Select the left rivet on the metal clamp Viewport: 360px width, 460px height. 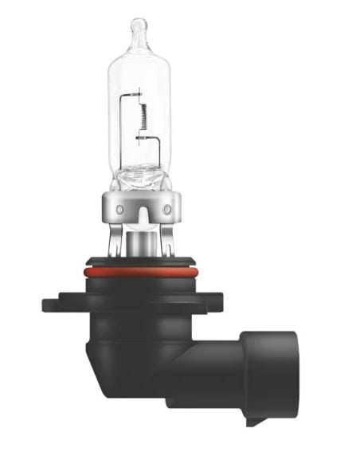(119, 209)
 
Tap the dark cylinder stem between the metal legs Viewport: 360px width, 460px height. (143, 242)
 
